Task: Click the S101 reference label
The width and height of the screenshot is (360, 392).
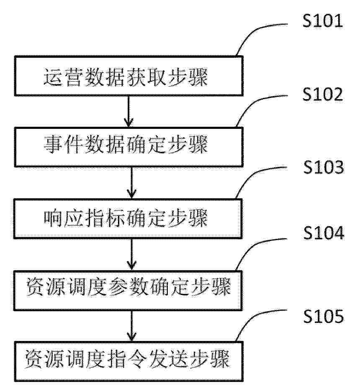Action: pyautogui.click(x=322, y=20)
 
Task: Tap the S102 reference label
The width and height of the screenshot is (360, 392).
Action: pyautogui.click(x=322, y=94)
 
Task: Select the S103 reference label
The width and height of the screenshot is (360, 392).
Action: pyautogui.click(x=324, y=167)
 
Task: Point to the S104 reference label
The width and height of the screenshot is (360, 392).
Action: pyautogui.click(x=324, y=233)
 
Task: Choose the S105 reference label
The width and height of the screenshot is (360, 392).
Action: pyautogui.click(x=324, y=316)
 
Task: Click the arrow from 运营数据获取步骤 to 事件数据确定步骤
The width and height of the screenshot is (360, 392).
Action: pyautogui.click(x=129, y=112)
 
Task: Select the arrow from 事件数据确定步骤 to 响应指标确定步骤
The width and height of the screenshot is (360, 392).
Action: pyautogui.click(x=131, y=183)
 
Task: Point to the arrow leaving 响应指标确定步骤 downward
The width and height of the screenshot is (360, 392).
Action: pyautogui.click(x=131, y=254)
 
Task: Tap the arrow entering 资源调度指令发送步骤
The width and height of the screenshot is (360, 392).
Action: pyautogui.click(x=131, y=326)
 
